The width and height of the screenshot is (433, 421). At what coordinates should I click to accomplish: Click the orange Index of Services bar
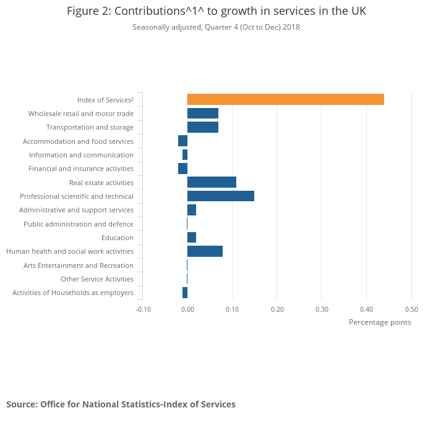click(x=285, y=99)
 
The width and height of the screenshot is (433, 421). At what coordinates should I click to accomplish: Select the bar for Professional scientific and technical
click(x=220, y=196)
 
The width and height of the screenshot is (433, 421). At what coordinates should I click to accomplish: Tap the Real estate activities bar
click(x=212, y=183)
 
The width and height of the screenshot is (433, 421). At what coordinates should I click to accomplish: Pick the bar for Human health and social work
click(x=205, y=251)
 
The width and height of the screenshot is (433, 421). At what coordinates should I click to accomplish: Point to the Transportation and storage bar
click(x=202, y=127)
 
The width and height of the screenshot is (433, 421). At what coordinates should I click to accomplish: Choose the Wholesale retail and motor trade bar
click(x=202, y=114)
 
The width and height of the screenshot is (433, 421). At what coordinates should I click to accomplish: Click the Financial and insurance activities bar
click(x=182, y=169)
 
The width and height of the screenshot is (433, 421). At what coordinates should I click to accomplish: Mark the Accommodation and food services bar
click(x=182, y=141)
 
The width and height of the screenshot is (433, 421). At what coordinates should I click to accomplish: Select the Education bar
click(x=192, y=238)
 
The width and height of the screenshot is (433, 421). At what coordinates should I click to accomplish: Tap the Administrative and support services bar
click(x=192, y=210)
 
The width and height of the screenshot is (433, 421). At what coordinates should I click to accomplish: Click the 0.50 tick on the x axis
click(x=411, y=309)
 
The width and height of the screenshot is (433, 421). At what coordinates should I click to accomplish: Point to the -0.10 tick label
click(x=143, y=309)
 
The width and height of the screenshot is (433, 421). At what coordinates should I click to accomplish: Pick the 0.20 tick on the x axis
click(x=277, y=309)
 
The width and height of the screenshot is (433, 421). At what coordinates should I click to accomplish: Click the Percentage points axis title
click(x=379, y=322)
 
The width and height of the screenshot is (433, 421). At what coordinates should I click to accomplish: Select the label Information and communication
click(x=81, y=155)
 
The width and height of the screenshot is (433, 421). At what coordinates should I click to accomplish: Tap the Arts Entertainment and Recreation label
click(x=78, y=265)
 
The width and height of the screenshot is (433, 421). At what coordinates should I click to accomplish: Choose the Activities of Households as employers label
click(x=73, y=293)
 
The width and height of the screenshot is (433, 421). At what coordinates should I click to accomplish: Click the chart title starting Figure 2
click(x=216, y=12)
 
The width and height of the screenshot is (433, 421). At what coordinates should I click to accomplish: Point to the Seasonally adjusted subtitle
click(x=216, y=27)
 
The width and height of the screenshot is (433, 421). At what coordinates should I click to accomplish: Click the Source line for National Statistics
click(x=121, y=404)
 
